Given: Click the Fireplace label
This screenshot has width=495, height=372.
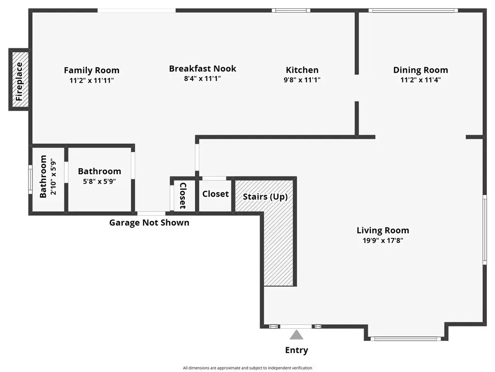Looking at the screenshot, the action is click(19, 81).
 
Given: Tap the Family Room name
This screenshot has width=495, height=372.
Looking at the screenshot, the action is click(92, 70).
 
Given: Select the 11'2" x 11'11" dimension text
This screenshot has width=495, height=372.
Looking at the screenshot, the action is click(92, 80).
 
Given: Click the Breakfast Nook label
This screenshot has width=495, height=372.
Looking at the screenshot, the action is click(202, 68).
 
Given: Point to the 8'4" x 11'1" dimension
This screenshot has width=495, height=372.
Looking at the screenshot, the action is click(202, 78).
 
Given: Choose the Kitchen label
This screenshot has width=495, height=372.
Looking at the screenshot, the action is click(302, 70).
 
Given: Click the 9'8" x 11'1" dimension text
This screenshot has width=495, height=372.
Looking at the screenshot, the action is click(302, 80).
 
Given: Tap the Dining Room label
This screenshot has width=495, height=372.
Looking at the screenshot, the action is click(420, 70).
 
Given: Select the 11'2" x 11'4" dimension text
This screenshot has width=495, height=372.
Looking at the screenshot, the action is click(420, 80).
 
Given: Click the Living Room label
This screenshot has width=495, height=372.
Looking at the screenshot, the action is click(383, 231).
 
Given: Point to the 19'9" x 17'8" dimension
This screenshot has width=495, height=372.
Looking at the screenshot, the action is click(383, 241).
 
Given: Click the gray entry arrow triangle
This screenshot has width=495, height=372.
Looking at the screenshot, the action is click(296, 335).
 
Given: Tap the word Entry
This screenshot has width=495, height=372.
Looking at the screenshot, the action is click(296, 350).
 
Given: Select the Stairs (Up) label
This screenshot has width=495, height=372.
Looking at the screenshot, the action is click(265, 197).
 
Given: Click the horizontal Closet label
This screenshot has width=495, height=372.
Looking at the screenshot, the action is click(216, 194).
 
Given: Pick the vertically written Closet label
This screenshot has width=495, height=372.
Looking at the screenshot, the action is click(183, 196).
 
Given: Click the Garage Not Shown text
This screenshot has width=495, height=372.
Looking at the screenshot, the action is click(149, 223).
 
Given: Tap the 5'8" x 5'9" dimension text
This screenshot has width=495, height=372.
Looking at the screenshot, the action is click(99, 182).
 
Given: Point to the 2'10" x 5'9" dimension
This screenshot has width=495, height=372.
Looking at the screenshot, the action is click(53, 177).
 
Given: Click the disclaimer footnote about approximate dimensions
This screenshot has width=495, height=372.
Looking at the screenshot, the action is click(247, 368).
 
